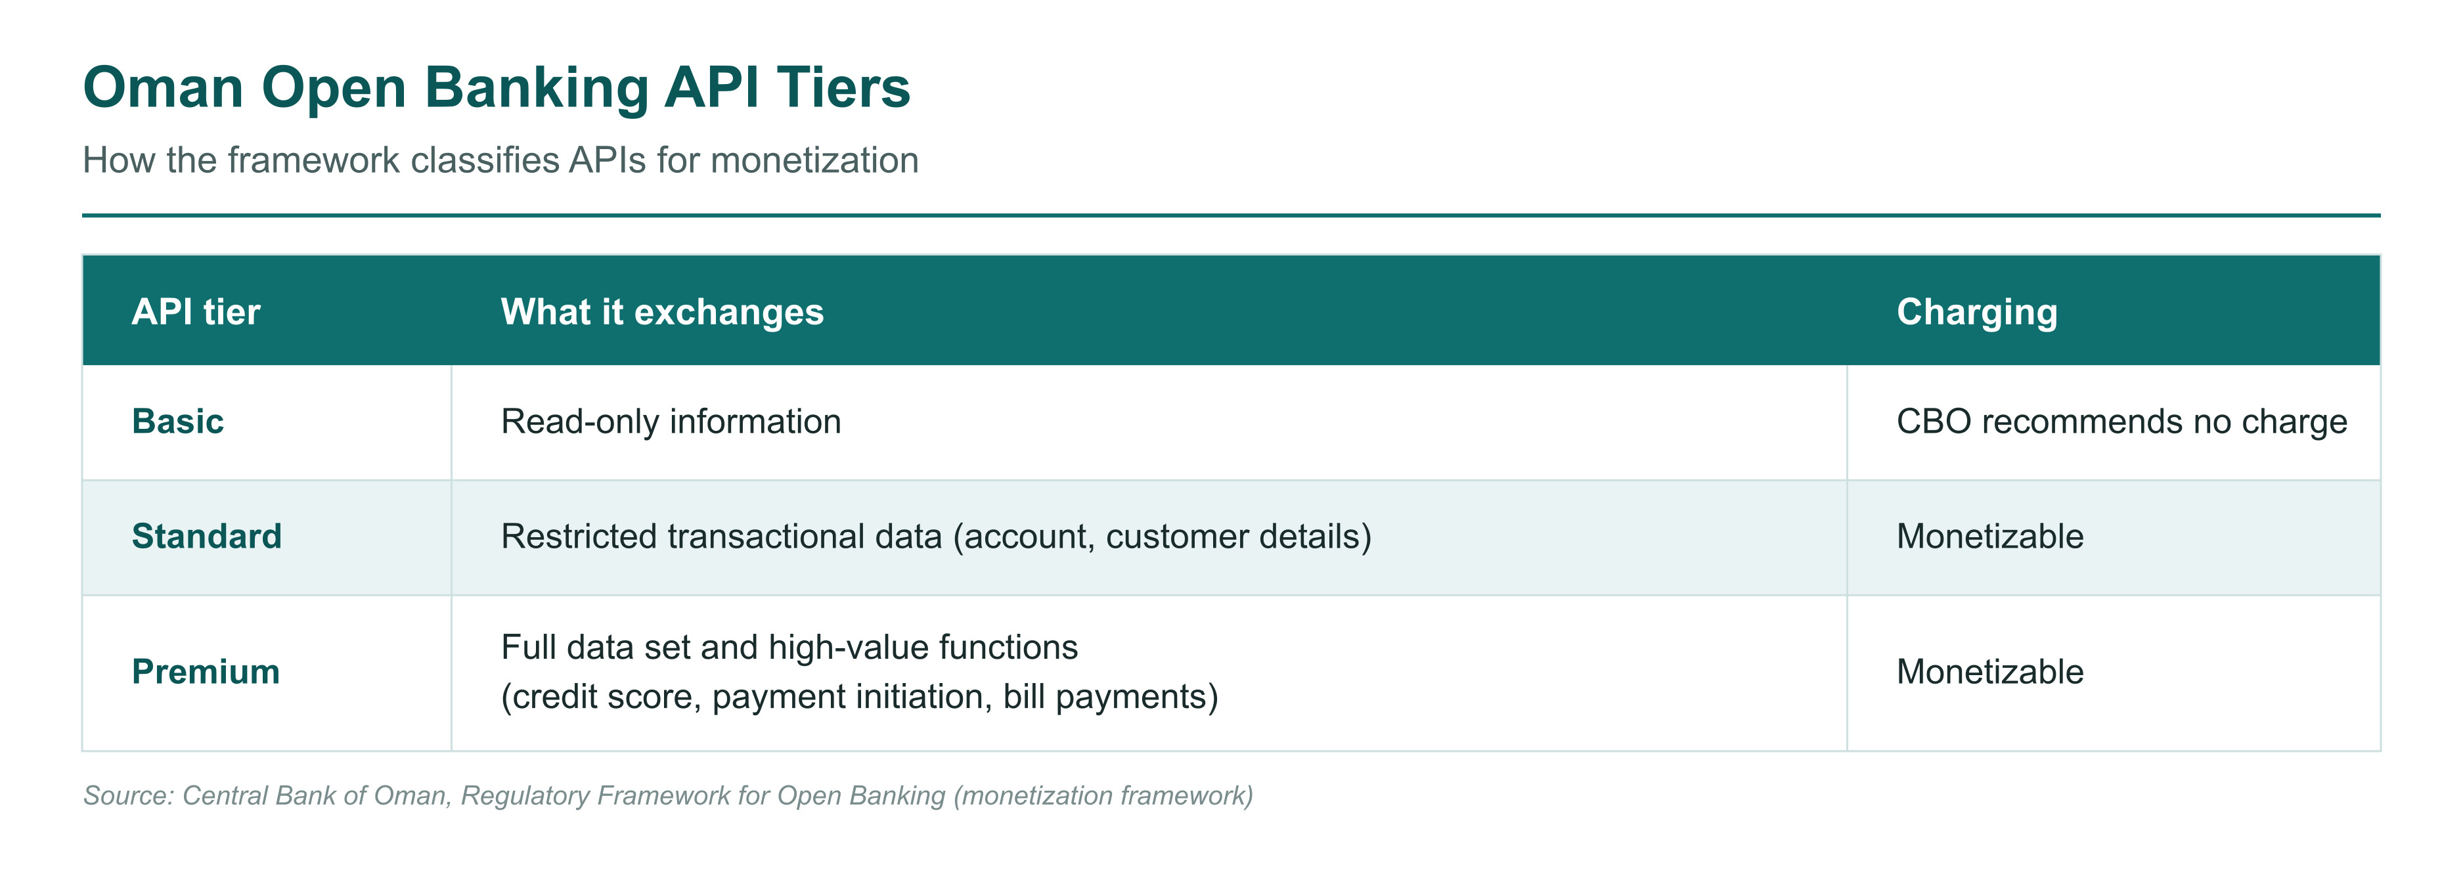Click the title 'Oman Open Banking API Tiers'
[497, 88]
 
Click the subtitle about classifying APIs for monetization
[500, 160]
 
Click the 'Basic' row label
[178, 422]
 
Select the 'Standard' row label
[206, 536]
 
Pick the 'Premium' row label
[206, 672]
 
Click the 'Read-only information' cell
[671, 422]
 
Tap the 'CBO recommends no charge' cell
[2121, 422]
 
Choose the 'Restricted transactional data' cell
[936, 536]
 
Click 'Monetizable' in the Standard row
[1989, 536]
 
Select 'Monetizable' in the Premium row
[1989, 672]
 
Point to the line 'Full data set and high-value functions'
[789, 647]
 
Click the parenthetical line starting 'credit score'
[860, 697]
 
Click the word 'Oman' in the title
[164, 88]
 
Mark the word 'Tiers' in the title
[843, 88]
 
